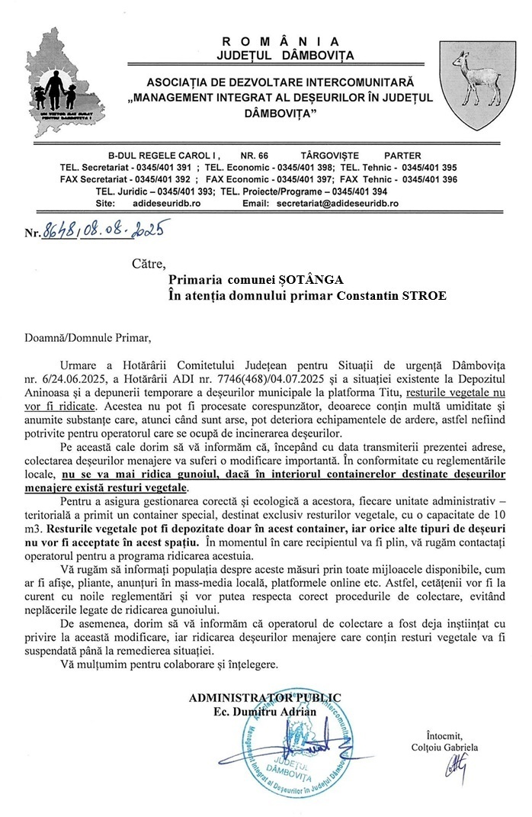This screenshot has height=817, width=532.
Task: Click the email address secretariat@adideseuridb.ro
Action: (x=338, y=204)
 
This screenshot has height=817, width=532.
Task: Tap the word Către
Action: (x=148, y=265)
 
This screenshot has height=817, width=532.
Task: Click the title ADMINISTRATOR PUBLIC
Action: (x=264, y=697)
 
